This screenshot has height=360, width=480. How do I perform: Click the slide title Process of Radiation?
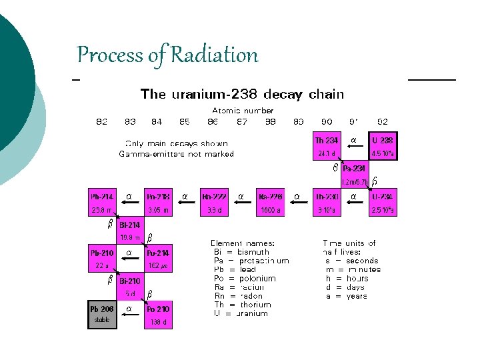[x=167, y=55]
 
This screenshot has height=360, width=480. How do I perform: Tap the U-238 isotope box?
[x=383, y=146]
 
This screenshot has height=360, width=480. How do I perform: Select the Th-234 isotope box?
[x=327, y=146]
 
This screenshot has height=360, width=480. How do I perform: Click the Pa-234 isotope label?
[x=353, y=168]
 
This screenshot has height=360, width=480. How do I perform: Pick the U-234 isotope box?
[x=383, y=203]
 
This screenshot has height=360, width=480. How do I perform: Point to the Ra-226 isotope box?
[x=271, y=203]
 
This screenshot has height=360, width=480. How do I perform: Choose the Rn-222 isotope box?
[x=215, y=203]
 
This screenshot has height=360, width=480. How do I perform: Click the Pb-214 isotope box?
[x=103, y=203]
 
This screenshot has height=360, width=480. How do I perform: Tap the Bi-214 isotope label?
[x=130, y=225]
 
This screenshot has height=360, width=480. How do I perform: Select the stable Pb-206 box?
[x=103, y=314]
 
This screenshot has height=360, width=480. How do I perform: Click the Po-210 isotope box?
[x=159, y=315]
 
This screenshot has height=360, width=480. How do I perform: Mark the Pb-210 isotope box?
[x=103, y=259]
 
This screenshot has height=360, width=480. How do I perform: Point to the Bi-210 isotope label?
[x=130, y=281]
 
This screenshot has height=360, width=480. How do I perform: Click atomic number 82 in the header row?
[x=102, y=121]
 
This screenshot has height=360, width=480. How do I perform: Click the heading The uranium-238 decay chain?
[x=243, y=94]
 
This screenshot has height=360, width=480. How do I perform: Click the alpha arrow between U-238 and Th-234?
[x=354, y=141]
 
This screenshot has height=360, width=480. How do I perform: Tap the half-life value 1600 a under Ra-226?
[x=271, y=210]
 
